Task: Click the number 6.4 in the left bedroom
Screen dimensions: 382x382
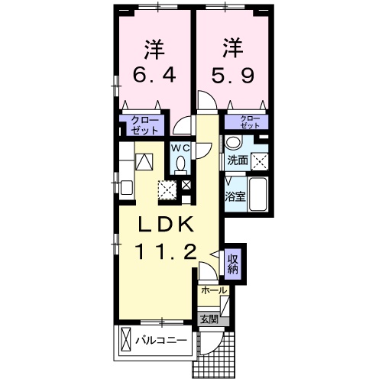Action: (x=155, y=76)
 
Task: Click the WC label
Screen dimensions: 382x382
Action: (x=180, y=147)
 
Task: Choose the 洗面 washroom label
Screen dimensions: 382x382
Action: (x=238, y=160)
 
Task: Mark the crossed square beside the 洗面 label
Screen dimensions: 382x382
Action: (x=260, y=160)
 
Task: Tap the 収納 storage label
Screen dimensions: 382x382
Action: (x=233, y=263)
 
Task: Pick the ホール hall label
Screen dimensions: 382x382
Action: (x=213, y=291)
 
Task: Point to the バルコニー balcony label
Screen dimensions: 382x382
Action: (x=160, y=339)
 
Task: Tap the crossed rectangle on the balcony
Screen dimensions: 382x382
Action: (x=125, y=338)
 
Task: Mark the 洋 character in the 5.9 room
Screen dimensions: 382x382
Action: (x=232, y=47)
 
